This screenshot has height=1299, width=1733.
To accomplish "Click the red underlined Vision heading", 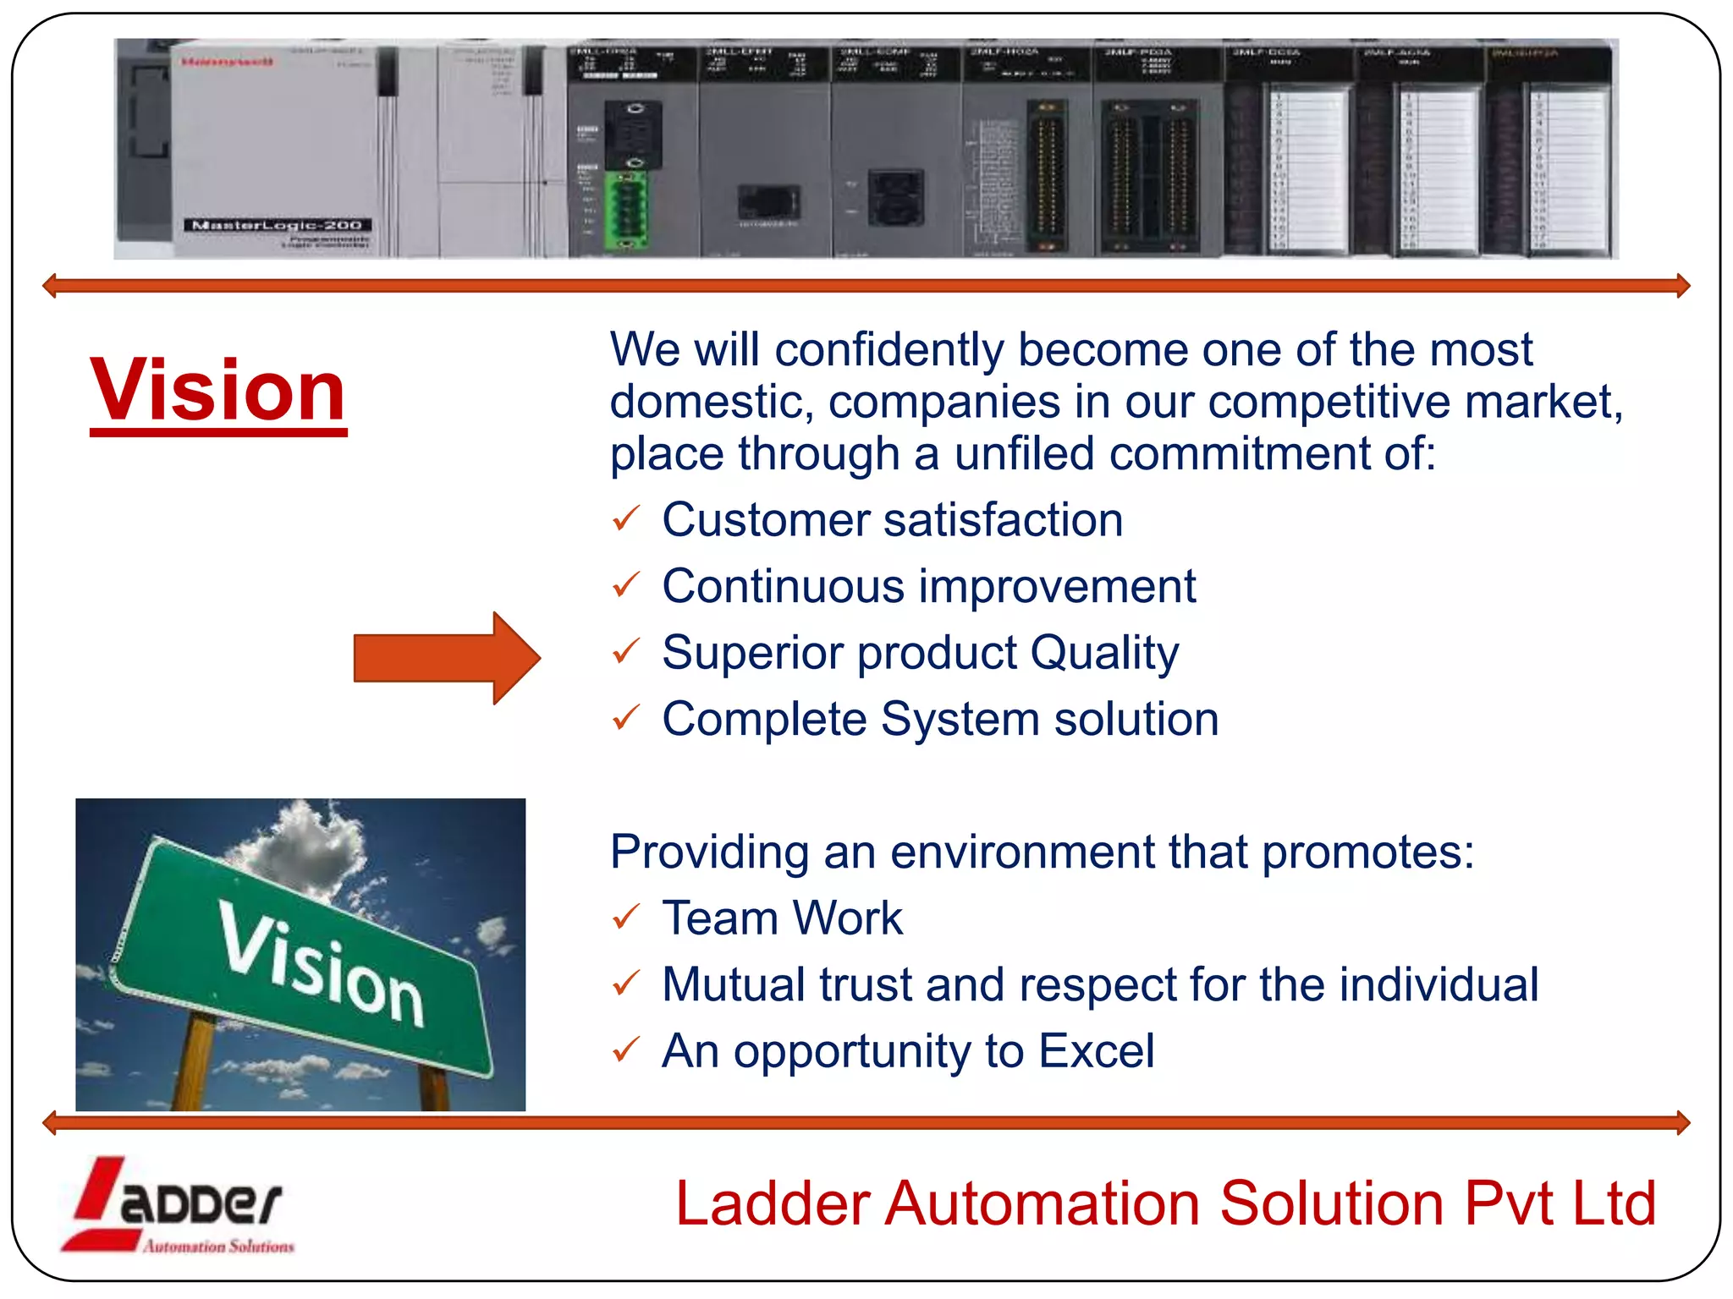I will [x=218, y=391].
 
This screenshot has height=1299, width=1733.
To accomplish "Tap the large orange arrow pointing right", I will [x=446, y=658].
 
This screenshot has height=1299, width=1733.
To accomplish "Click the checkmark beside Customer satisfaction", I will [x=626, y=518].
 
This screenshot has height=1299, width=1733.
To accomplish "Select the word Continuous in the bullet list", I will [x=783, y=586].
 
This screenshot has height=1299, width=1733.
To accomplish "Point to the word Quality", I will [x=1103, y=654].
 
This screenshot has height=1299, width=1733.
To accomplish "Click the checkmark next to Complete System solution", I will [x=626, y=718].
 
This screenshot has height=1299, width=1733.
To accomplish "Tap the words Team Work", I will [x=782, y=918].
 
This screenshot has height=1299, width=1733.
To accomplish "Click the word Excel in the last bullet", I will [x=1096, y=1051].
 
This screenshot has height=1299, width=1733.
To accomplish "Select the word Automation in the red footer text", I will [x=1042, y=1203].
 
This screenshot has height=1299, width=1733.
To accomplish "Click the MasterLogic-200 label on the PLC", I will [x=278, y=225].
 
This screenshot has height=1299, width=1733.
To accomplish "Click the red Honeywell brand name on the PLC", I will [x=227, y=62].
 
